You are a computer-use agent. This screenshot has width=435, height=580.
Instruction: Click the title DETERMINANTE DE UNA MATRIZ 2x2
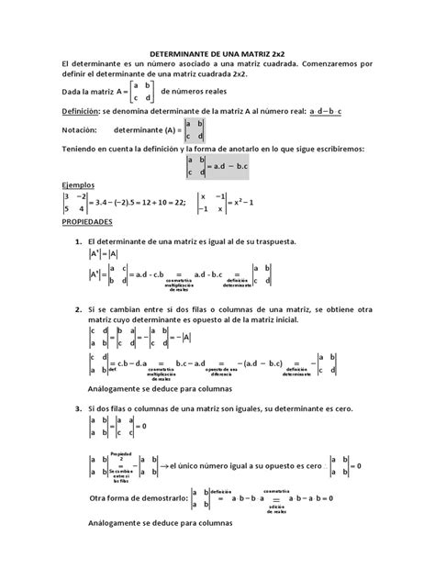(x=217, y=55)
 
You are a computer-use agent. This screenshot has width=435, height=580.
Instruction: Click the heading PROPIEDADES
(x=87, y=222)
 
